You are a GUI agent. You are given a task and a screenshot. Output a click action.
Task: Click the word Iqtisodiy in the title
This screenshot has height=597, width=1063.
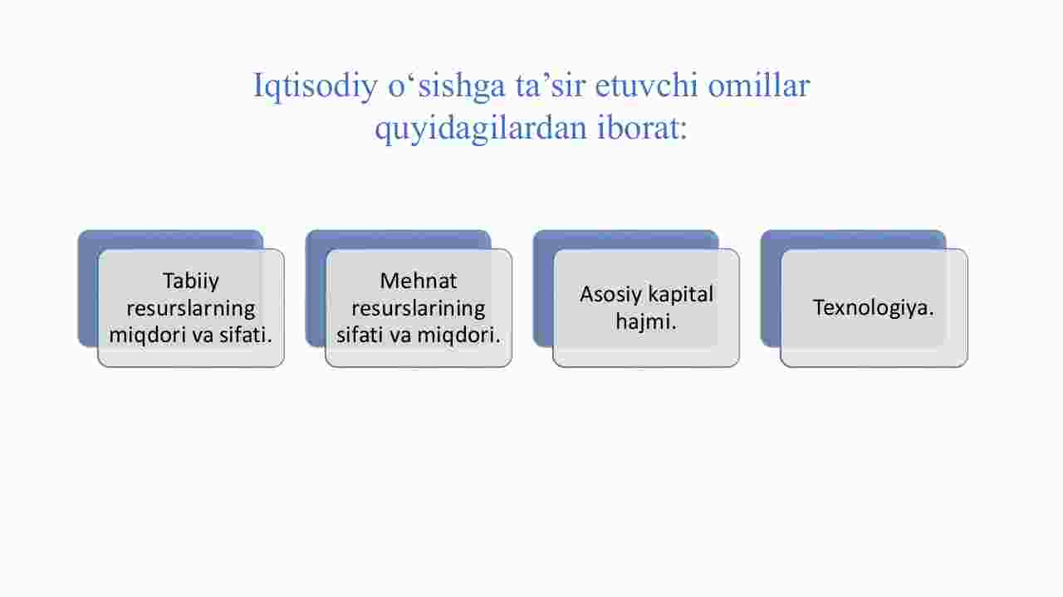pos(315,86)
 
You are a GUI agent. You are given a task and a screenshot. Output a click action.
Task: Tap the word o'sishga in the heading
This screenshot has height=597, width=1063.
pos(447,86)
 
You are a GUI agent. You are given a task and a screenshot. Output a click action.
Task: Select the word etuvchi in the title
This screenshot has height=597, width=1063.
pos(646,86)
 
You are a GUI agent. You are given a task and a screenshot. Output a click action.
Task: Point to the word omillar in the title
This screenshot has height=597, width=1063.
pos(759,86)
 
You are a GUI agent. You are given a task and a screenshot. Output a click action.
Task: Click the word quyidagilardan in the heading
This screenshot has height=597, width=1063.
pos(481,128)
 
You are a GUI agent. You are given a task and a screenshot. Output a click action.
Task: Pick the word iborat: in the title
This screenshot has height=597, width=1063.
pos(642,127)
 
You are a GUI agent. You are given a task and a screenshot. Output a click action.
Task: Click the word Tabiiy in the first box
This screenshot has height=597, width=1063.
pos(191,281)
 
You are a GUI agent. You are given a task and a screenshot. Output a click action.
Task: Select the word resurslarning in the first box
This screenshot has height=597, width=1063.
pos(191,309)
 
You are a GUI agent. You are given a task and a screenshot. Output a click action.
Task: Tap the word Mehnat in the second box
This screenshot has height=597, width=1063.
pos(418,281)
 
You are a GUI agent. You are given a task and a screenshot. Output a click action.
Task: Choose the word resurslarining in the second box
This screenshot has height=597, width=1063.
pos(418,309)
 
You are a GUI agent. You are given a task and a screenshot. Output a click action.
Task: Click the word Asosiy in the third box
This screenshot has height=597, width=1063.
pos(610,295)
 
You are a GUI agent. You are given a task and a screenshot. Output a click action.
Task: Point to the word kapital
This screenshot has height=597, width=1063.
pos(680,295)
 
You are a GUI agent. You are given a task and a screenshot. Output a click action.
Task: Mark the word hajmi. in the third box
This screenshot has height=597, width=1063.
pos(646,322)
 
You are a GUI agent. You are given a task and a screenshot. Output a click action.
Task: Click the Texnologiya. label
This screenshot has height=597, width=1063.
pos(874,307)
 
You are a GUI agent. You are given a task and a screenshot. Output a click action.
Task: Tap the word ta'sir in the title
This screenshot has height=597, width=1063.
pos(550,86)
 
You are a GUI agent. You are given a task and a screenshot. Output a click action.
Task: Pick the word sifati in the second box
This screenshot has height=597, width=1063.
pos(360,335)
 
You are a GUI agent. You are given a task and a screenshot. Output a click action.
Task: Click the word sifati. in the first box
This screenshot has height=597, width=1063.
pos(245,335)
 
